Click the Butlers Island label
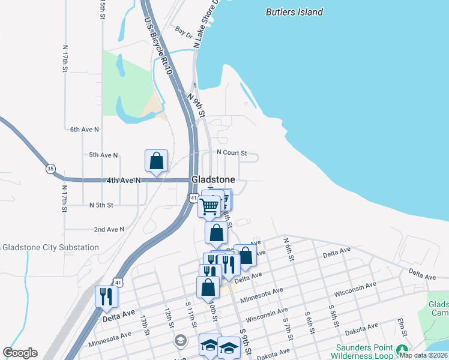pos(294,12)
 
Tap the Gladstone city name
pos(212,179)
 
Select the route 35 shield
pos(50,169)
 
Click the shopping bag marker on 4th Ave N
pos(156,161)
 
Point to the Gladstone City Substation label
pos(50,247)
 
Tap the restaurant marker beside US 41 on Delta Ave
pos(107,296)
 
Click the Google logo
pos(20,353)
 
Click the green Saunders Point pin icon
pos(402,349)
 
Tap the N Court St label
pos(232,153)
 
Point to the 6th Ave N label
pos(84,129)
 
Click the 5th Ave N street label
pos(103,155)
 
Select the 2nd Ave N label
pos(109,229)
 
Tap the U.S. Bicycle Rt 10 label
pos(158,46)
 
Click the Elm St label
pos(403,331)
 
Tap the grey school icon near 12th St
pos(179,341)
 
